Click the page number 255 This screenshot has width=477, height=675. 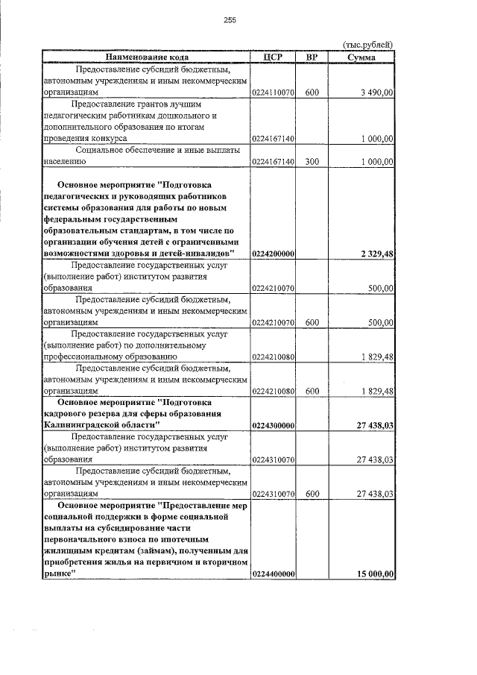230,21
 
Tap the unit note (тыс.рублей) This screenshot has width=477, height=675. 367,45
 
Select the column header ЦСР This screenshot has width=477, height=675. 273,57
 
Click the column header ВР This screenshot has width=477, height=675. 312,57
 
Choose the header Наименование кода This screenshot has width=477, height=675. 146,57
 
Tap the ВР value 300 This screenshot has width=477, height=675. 312,160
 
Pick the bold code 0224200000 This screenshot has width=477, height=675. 274,254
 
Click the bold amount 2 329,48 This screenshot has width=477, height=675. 377,254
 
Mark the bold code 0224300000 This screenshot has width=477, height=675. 274,425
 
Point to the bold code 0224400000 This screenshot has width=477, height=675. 274,574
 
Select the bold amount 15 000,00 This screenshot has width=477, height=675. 376,574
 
